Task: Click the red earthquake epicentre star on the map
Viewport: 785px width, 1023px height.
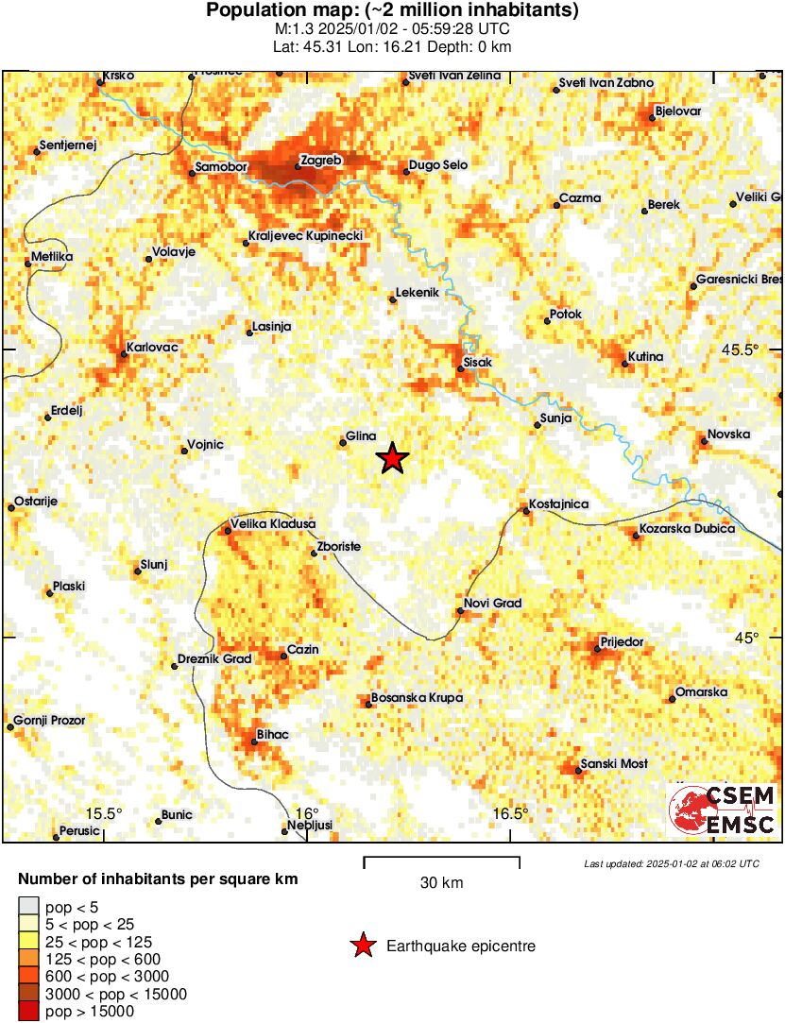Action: tap(392, 459)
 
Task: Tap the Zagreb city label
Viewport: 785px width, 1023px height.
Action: tap(319, 160)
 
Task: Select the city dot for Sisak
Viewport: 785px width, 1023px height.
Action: tap(461, 368)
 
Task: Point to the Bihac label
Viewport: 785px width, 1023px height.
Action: tap(272, 734)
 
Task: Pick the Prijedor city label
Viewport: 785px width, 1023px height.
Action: tap(622, 641)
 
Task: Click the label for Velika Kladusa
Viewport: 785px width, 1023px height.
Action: tap(273, 523)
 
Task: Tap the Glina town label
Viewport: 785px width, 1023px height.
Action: tap(362, 435)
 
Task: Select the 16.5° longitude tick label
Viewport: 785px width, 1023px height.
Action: tap(510, 814)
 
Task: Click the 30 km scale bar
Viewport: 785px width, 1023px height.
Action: tap(441, 859)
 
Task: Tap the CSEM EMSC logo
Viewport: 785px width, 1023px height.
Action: tap(723, 810)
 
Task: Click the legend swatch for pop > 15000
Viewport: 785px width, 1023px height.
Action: tap(28, 1012)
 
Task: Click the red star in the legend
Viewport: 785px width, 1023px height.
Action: tap(362, 946)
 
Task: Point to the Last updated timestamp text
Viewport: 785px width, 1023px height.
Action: tap(671, 863)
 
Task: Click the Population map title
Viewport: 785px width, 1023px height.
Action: tap(392, 11)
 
